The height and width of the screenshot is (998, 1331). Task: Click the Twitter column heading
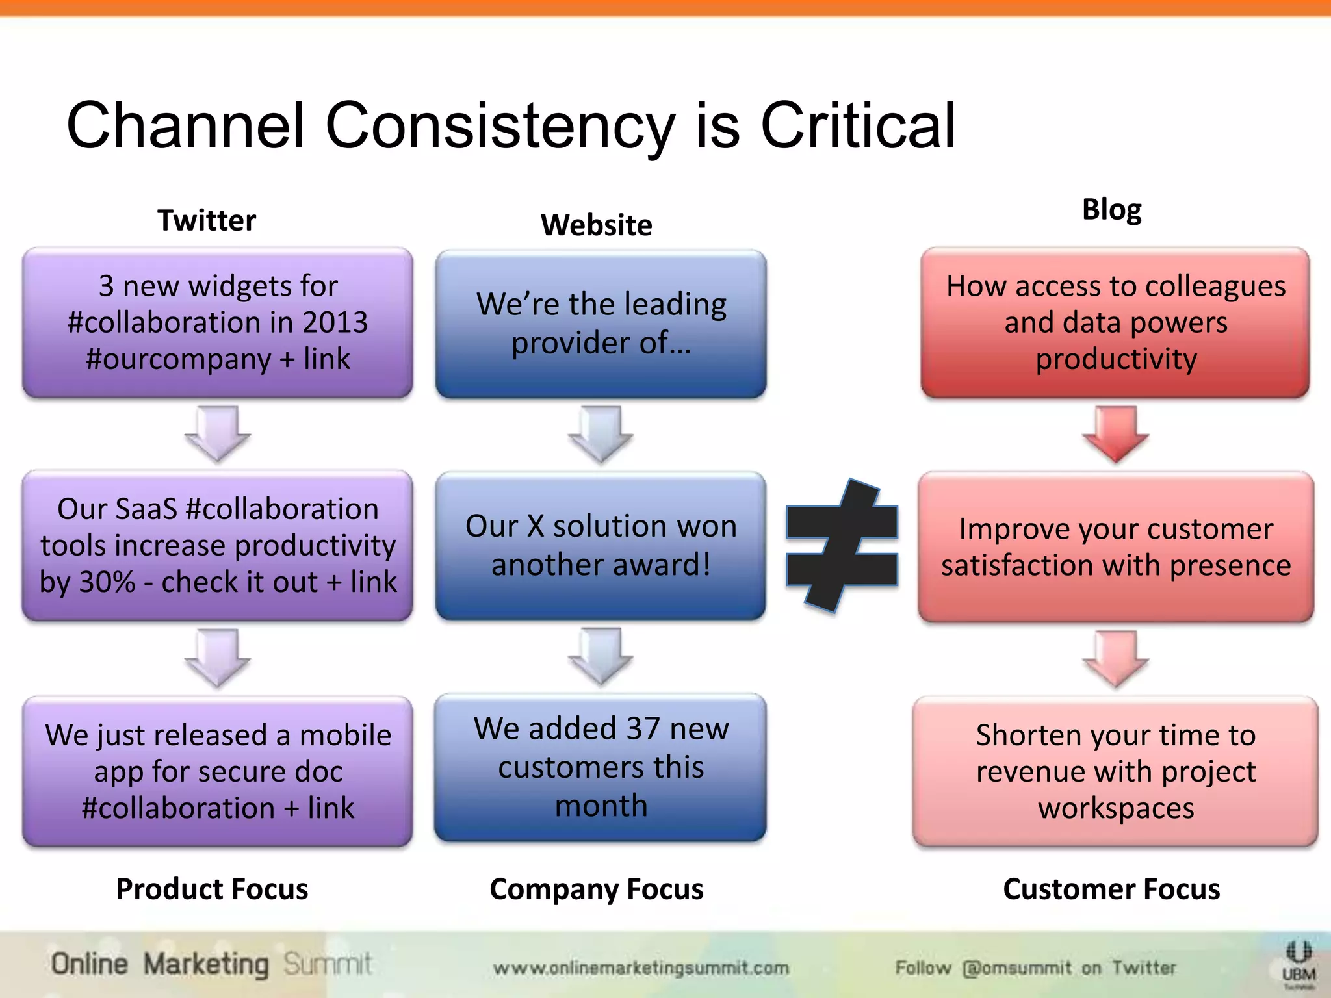(x=207, y=221)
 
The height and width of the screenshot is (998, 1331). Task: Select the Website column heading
(x=596, y=225)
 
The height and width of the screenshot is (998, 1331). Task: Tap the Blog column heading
(x=1111, y=209)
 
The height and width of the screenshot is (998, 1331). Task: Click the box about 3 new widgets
(x=218, y=322)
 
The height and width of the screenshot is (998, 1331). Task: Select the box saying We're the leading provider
(x=601, y=324)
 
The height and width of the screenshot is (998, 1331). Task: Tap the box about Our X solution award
(x=601, y=546)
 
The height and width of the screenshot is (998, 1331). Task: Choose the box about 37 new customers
(x=601, y=767)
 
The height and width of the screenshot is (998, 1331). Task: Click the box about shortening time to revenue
(x=1115, y=771)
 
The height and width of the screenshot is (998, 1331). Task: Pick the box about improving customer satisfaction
(x=1115, y=547)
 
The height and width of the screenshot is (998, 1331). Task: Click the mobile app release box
(x=218, y=771)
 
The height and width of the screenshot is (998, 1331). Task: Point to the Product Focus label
(x=212, y=889)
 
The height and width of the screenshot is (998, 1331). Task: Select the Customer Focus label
(x=1111, y=889)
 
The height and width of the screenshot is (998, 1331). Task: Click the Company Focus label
(x=596, y=889)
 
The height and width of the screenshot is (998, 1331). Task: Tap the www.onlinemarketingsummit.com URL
(x=641, y=968)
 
